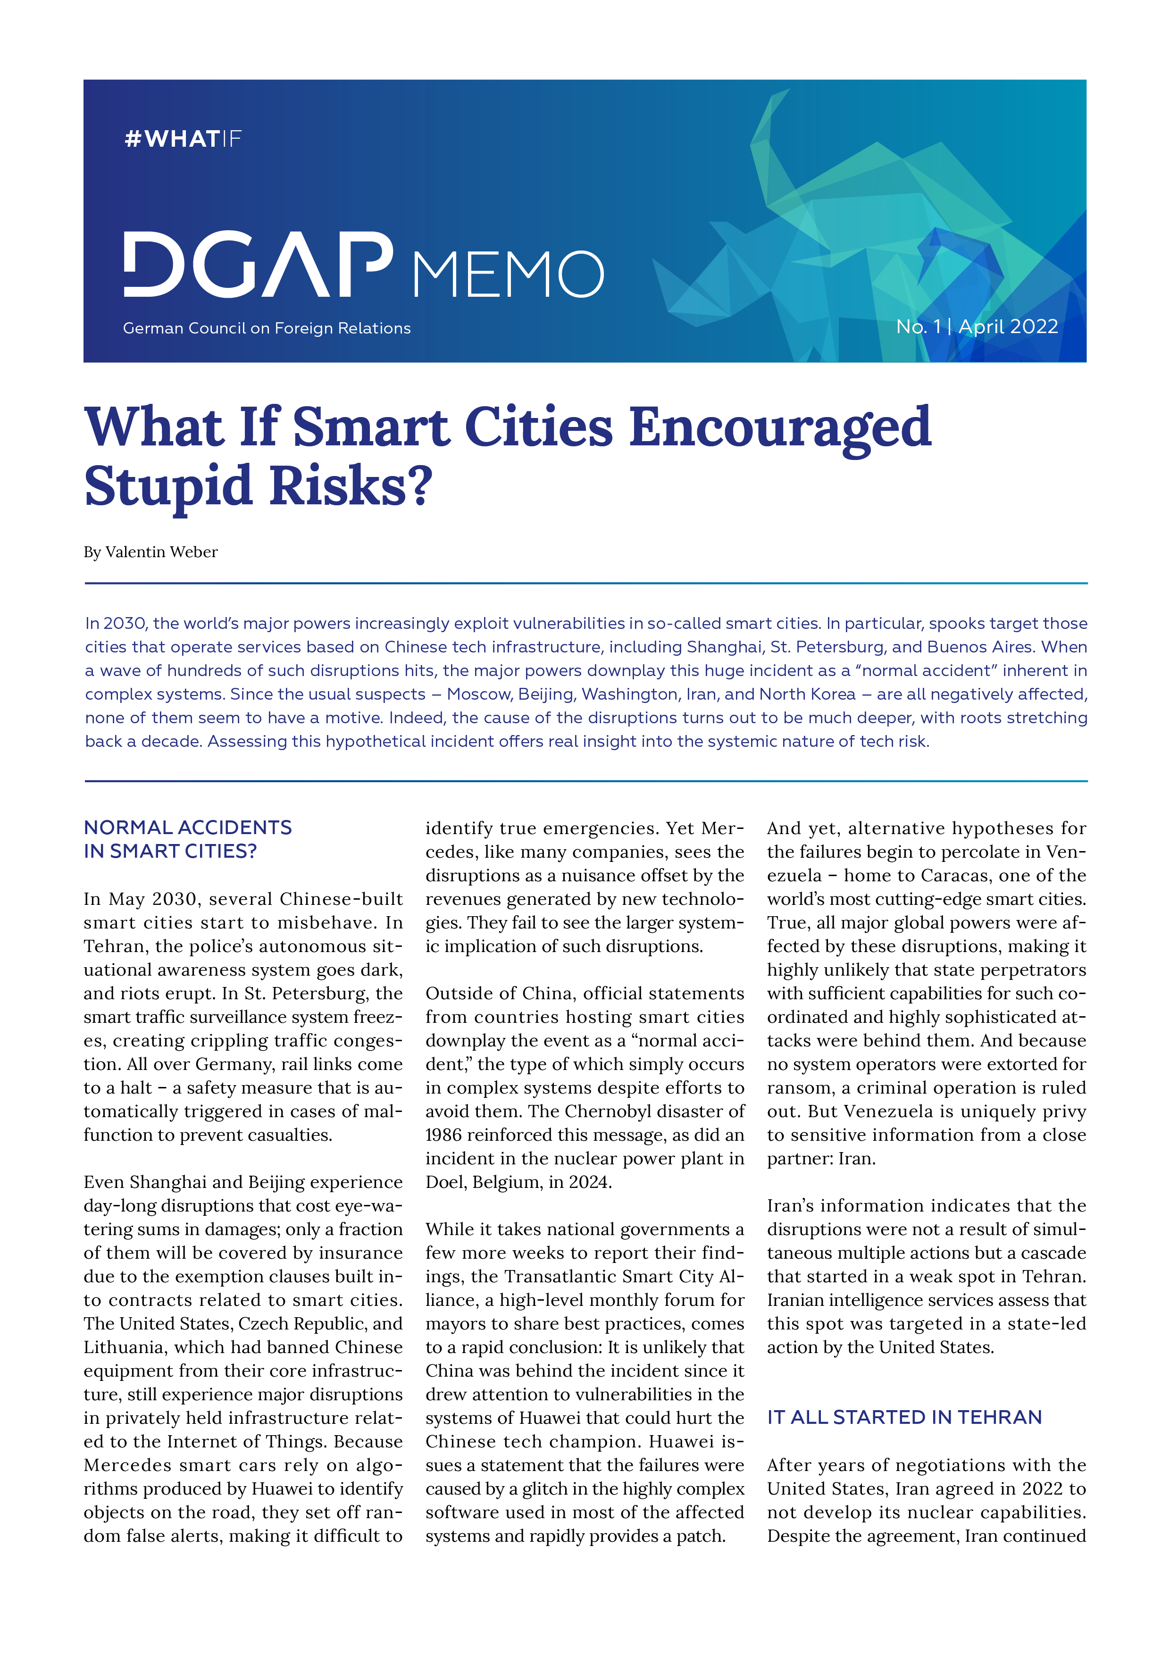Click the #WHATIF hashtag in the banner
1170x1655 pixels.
[183, 138]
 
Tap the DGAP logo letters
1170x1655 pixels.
[258, 265]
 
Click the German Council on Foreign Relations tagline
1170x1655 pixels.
[267, 329]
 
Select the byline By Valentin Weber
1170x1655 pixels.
[150, 552]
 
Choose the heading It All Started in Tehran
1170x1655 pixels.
[904, 1417]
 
